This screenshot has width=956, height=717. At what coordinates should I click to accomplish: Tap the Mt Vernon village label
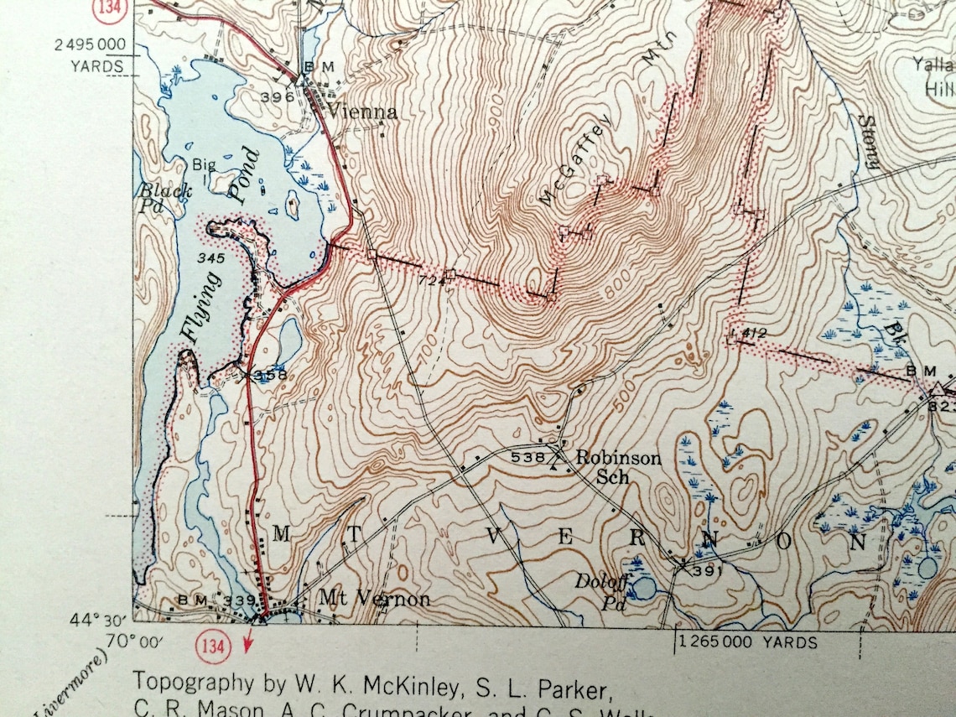(374, 599)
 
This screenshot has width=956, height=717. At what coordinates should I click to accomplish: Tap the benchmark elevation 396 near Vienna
(278, 96)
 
